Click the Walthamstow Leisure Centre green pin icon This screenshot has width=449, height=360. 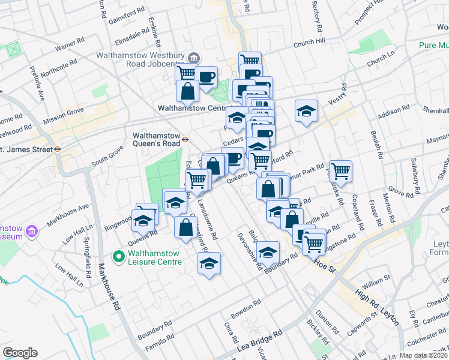(118, 257)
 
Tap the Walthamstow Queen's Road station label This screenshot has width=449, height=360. (156, 139)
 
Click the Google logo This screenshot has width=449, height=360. (20, 353)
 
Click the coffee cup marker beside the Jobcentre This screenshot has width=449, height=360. (206, 77)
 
